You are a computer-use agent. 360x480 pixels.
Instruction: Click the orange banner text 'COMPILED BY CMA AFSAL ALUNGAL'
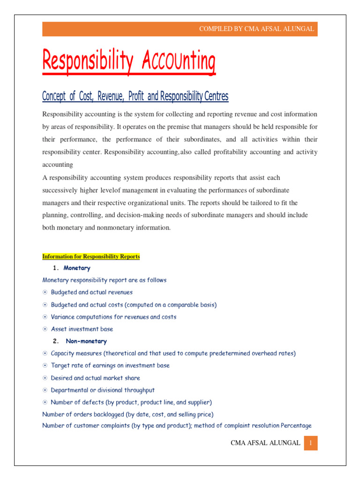point(256,29)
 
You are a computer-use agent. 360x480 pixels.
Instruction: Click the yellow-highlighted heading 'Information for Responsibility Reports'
point(91,256)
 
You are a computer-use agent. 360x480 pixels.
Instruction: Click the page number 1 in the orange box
point(310,443)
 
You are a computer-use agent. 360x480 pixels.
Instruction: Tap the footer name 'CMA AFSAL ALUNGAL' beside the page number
point(266,443)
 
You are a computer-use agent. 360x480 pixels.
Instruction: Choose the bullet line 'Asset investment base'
point(82,329)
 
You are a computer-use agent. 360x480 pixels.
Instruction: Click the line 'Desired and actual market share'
point(95,378)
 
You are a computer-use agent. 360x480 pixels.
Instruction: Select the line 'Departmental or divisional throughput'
point(103,390)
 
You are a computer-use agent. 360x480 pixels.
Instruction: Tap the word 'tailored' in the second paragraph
point(255,202)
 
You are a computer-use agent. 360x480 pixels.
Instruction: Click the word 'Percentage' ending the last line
point(296,426)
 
